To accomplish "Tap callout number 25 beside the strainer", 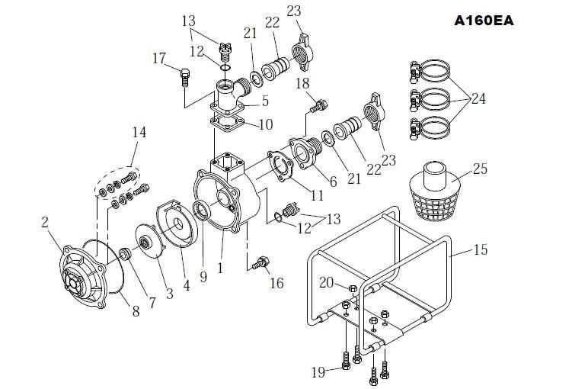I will (481, 169).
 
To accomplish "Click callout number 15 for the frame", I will (481, 249).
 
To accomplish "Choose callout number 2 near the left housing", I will (45, 223).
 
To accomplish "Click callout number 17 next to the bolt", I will (159, 58).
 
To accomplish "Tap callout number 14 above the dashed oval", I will (138, 132).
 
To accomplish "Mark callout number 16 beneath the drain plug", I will (276, 283).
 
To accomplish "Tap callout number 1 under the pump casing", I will (222, 268).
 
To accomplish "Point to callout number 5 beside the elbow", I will (265, 100).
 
